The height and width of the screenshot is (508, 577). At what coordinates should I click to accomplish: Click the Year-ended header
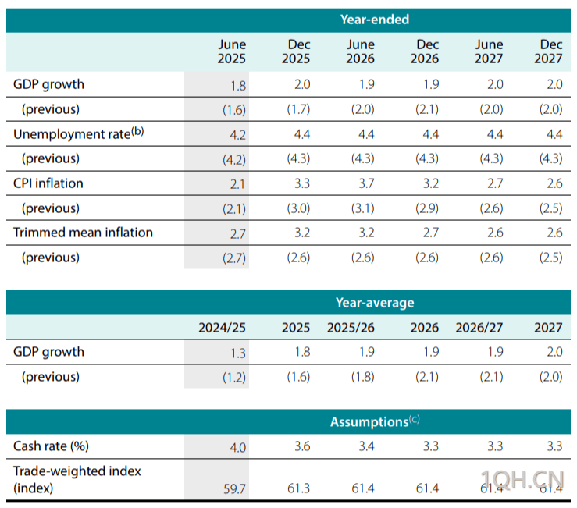(x=374, y=20)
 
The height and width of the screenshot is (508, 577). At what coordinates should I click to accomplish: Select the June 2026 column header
(x=360, y=52)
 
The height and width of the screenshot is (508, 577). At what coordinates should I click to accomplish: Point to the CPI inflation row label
(x=48, y=183)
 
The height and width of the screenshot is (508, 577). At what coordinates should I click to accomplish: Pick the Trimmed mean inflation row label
(x=83, y=233)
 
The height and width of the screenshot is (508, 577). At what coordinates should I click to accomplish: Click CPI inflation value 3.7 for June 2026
(x=365, y=184)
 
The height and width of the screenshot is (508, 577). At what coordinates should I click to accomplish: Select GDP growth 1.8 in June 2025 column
(x=238, y=85)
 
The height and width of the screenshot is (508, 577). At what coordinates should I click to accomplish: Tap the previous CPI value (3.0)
(x=297, y=208)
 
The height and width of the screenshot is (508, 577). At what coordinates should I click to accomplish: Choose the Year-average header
(x=375, y=302)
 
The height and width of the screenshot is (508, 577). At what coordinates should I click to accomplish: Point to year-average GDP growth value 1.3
(x=238, y=353)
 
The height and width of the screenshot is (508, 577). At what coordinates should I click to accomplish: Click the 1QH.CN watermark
(x=523, y=478)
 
